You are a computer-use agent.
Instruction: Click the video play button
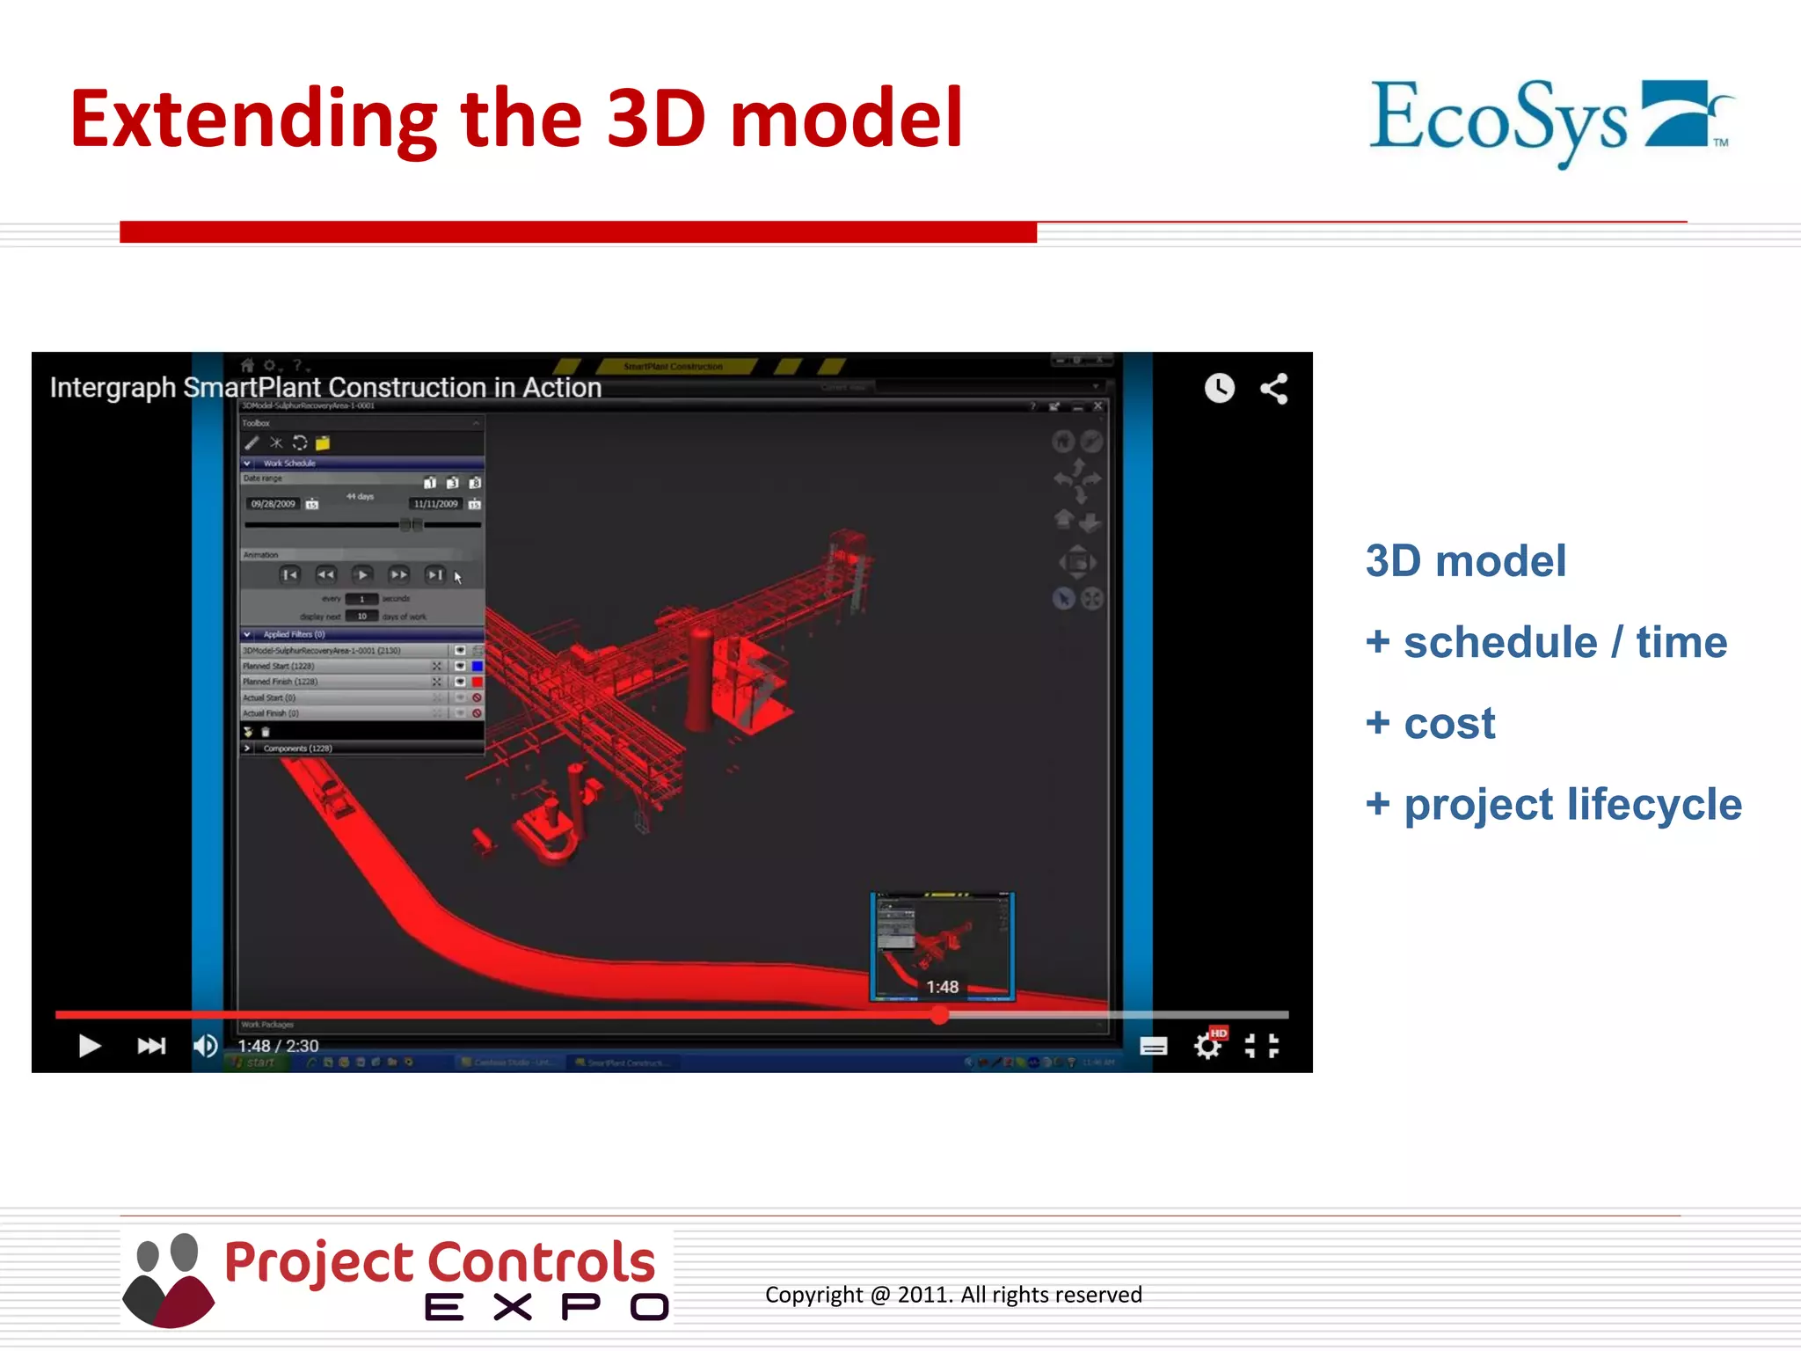pos(89,1046)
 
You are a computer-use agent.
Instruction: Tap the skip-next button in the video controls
pos(151,1046)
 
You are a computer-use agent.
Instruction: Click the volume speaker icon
pos(205,1046)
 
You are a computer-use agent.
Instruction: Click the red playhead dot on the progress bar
pos(939,1016)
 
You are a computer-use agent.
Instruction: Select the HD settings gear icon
pos(1208,1046)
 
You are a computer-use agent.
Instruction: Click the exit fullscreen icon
pos(1262,1046)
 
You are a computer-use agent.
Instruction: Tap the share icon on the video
pos(1273,389)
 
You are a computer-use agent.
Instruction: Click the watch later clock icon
pos(1219,388)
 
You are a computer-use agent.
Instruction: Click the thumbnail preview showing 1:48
pos(942,946)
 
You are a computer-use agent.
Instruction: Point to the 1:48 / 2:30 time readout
pos(278,1046)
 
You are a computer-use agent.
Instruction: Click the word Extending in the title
pos(253,120)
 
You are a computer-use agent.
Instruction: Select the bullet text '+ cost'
pos(1430,724)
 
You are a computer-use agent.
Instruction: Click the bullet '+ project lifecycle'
pos(1553,805)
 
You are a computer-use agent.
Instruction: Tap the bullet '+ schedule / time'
pos(1546,643)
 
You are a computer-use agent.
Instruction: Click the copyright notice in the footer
pos(953,1295)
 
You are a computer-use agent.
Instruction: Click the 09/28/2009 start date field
pos(273,504)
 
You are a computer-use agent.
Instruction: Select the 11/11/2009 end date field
pos(436,504)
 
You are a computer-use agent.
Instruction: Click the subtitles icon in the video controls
pos(1153,1046)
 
